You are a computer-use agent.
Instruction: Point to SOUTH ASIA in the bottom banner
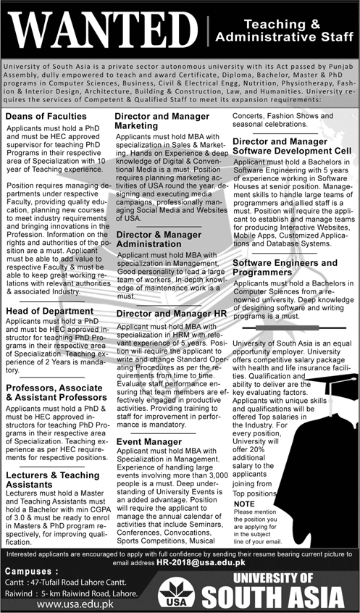(x=272, y=598)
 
